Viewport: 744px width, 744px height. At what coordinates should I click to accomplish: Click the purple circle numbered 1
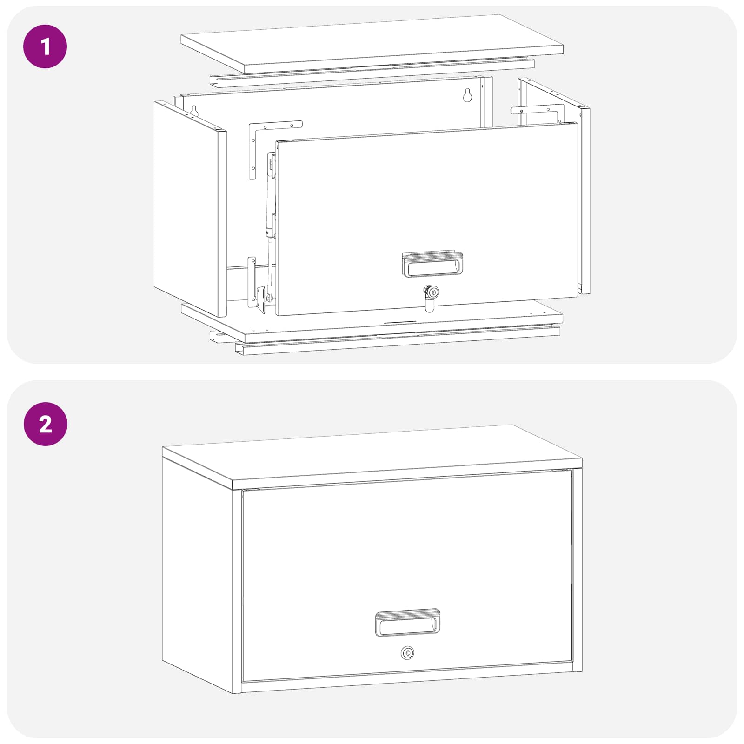(x=45, y=46)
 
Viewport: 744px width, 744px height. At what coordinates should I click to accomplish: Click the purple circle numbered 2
(x=45, y=424)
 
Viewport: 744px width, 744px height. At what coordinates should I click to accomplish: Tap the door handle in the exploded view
(x=432, y=264)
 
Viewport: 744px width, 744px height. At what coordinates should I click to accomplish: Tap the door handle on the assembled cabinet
(x=407, y=623)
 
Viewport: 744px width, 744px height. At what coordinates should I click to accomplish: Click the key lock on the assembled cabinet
(x=407, y=653)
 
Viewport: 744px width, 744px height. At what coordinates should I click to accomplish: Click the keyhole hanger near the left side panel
(x=195, y=111)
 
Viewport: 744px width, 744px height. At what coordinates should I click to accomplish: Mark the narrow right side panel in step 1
(x=585, y=200)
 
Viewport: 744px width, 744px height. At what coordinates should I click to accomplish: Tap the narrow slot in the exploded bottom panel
(x=400, y=322)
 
